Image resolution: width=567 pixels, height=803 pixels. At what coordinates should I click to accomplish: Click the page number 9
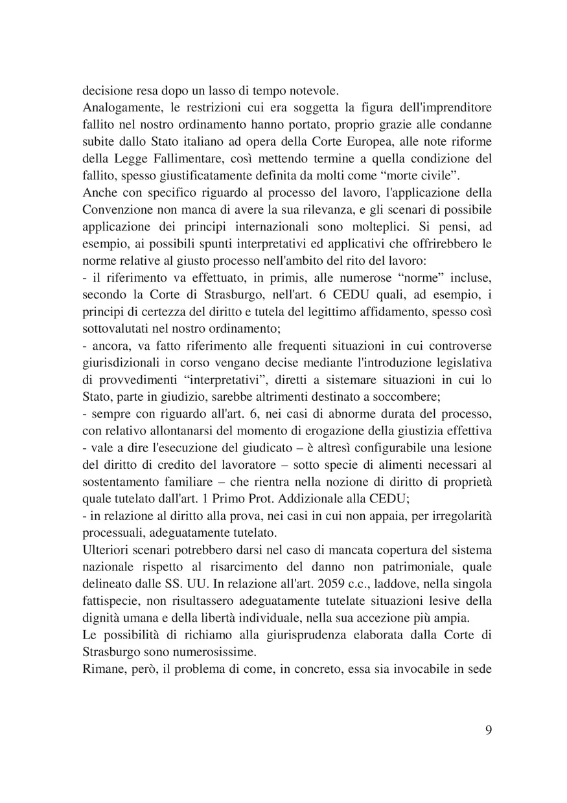tap(488, 730)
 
